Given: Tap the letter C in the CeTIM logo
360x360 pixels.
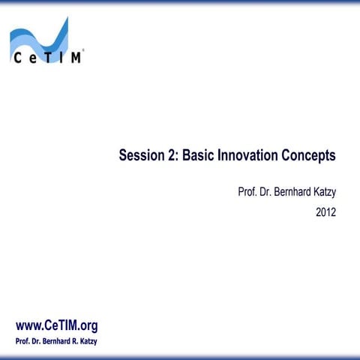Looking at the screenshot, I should tap(16, 58).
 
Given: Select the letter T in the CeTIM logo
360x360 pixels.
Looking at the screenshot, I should tap(46, 58).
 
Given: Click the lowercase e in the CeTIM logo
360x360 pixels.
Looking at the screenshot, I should tap(32, 58).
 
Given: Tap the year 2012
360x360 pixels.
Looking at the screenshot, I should tap(325, 212).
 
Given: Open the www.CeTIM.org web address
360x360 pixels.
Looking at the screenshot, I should tap(57, 325).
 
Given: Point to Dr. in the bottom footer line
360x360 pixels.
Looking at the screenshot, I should tap(34, 342).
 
